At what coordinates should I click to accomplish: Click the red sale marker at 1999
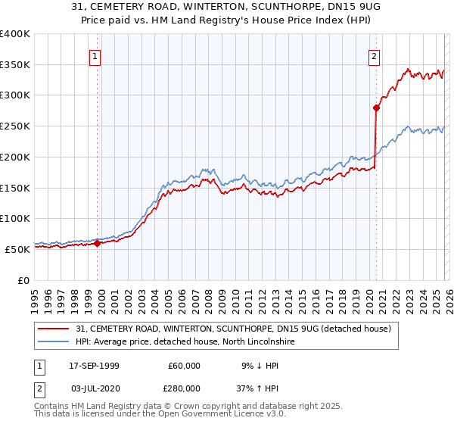coord(98,243)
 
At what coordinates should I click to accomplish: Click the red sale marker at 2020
coord(376,108)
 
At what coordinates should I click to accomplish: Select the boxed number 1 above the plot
coord(95,55)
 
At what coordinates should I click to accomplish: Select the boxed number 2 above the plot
coord(374,55)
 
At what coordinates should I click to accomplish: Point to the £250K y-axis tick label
coord(15,126)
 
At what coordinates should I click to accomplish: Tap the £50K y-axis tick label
coord(17,249)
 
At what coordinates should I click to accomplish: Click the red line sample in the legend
coord(54,329)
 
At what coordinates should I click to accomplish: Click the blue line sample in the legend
coord(54,342)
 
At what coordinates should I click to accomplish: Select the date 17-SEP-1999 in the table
coord(94,366)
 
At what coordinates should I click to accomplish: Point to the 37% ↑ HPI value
coord(247,388)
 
